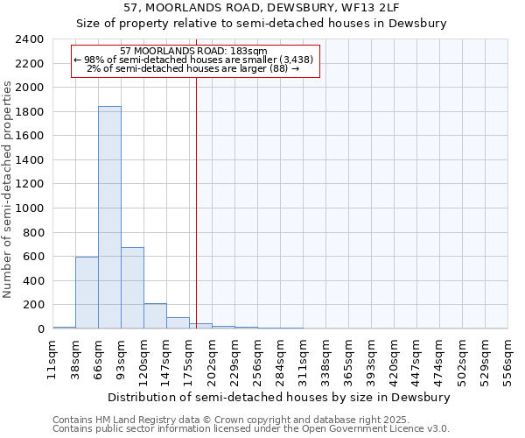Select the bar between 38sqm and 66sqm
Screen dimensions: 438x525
click(87, 293)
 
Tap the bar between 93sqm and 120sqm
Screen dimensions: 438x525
click(132, 288)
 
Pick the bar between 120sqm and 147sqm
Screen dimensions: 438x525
click(155, 316)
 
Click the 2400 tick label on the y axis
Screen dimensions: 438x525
click(30, 39)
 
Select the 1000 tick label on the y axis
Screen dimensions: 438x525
click(30, 208)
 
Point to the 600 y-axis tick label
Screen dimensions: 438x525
click(33, 257)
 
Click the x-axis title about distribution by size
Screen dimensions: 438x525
click(280, 397)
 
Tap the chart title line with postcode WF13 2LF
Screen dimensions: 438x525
click(262, 7)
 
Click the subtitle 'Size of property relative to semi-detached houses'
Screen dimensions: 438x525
click(262, 24)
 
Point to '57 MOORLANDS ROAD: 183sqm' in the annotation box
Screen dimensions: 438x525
click(193, 51)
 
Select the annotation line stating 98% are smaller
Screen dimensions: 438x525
click(193, 60)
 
